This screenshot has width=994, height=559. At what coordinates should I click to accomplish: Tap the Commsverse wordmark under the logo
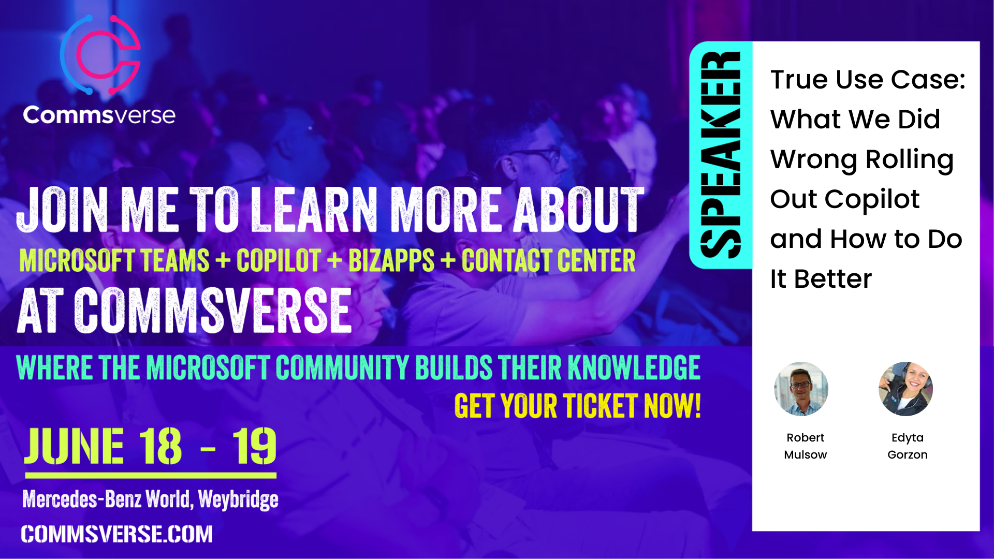(x=99, y=115)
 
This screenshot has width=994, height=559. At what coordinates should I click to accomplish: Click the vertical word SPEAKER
(x=720, y=155)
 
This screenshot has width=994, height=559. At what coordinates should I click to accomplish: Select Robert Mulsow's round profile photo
(x=801, y=389)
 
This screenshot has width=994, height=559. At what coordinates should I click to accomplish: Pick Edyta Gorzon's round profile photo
(x=905, y=389)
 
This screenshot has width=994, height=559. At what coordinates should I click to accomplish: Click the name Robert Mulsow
(x=805, y=446)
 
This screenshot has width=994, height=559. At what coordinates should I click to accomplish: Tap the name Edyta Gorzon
(x=907, y=446)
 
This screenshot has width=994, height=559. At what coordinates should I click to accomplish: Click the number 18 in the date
(x=160, y=446)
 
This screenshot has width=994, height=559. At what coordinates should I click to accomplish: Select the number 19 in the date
(x=254, y=446)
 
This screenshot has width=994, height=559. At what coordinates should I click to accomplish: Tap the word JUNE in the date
(x=75, y=446)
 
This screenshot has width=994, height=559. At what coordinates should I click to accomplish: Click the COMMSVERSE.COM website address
(x=117, y=534)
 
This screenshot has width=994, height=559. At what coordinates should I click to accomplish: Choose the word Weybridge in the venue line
(x=238, y=499)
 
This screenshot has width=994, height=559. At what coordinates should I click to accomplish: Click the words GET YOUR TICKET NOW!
(x=578, y=405)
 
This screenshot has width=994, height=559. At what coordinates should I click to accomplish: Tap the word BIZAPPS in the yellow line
(x=391, y=260)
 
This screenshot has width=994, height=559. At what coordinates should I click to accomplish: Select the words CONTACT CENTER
(x=549, y=260)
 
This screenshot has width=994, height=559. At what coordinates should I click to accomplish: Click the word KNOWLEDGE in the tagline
(x=634, y=367)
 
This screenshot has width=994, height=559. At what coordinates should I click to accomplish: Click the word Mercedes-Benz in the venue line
(x=82, y=499)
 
